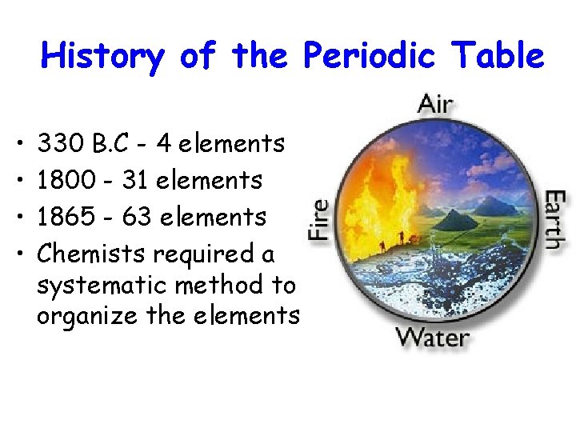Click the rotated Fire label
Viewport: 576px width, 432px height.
[319, 220]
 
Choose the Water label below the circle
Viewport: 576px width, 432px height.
[433, 336]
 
